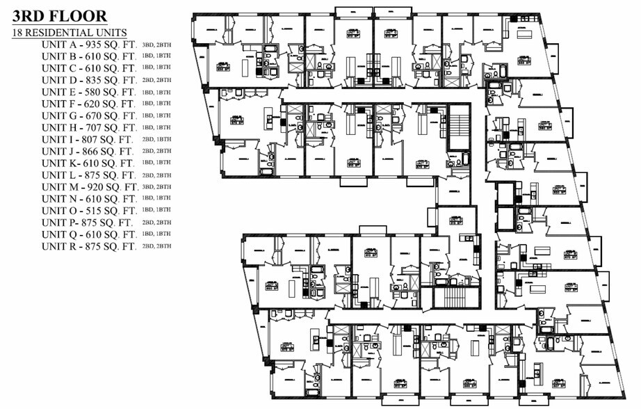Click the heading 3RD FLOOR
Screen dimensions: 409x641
pyautogui.click(x=59, y=16)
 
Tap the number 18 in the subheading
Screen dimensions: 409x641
pyautogui.click(x=18, y=33)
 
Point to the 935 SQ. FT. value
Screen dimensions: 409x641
pyautogui.click(x=111, y=45)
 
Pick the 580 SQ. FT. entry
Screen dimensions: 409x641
pyautogui.click(x=111, y=92)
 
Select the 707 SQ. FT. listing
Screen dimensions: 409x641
pyautogui.click(x=111, y=127)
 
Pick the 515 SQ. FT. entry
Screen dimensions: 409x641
pyautogui.click(x=111, y=210)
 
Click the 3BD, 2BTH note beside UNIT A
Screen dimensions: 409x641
pyautogui.click(x=156, y=45)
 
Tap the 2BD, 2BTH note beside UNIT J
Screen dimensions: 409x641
pyautogui.click(x=156, y=151)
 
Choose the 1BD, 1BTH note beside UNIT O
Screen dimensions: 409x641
pyautogui.click(x=156, y=210)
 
